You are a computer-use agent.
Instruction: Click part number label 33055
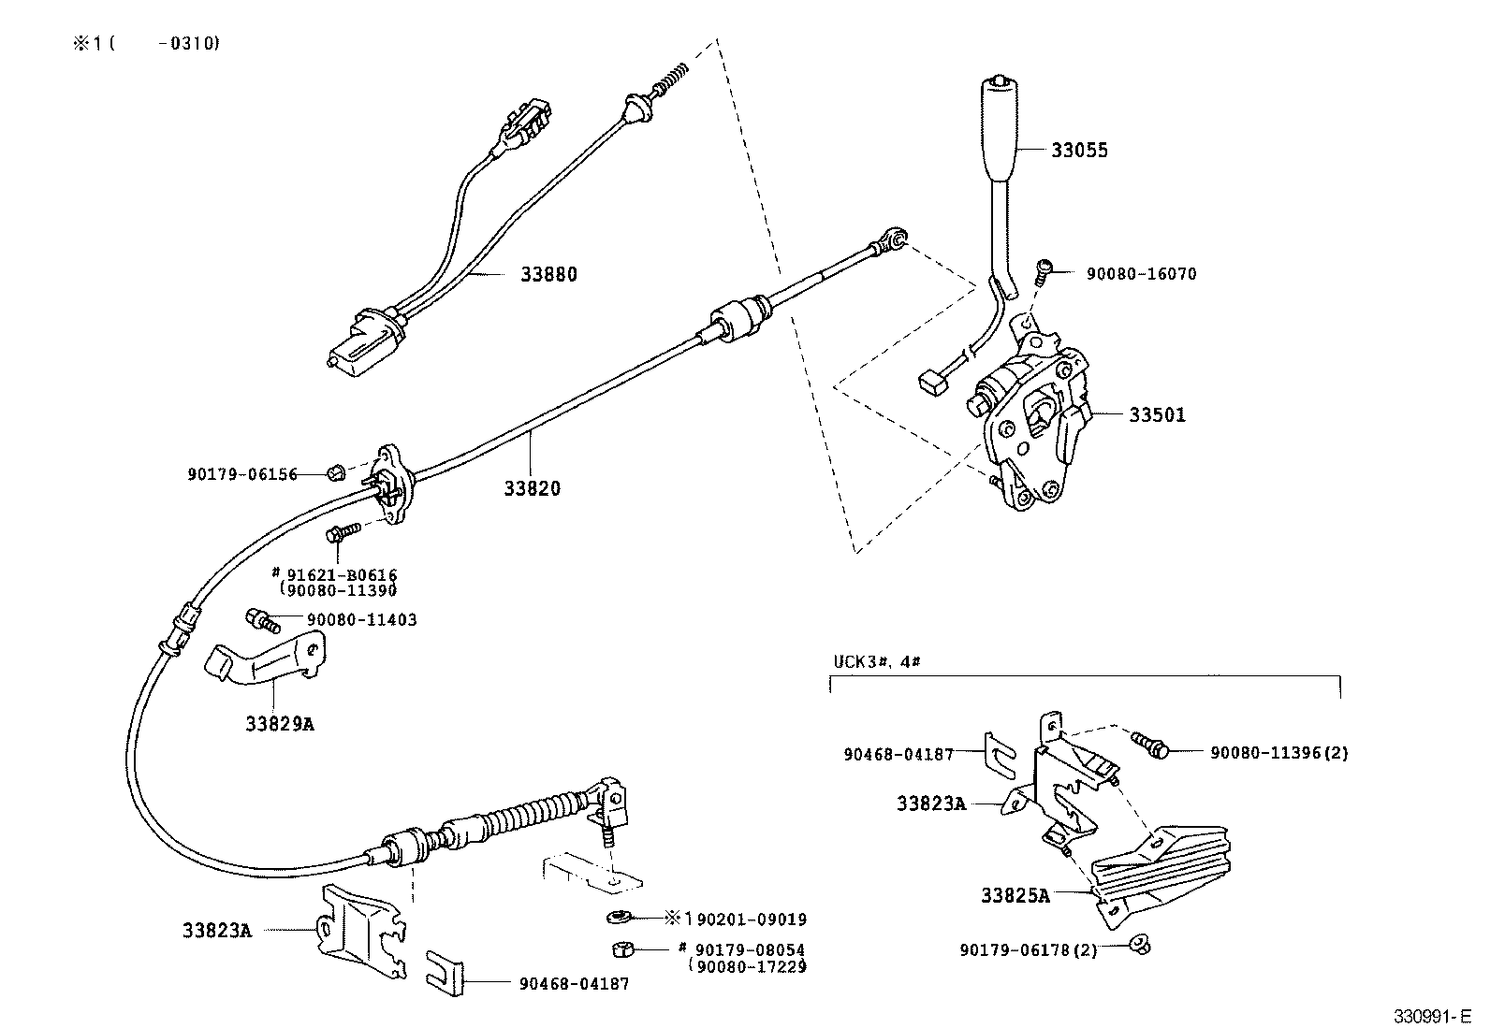(1079, 150)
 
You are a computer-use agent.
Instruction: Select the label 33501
(1157, 414)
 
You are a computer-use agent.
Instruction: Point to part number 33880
(549, 274)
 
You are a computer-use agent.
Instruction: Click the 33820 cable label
(532, 488)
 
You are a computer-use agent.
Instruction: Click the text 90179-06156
(242, 474)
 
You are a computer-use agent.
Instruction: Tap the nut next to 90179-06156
(334, 471)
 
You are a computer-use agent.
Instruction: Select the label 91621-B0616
(341, 574)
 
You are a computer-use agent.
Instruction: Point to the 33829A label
(280, 723)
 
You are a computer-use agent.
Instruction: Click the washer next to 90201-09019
(618, 916)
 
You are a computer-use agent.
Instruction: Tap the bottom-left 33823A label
(217, 930)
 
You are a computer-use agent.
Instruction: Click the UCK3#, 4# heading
(876, 661)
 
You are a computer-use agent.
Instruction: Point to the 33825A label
(1015, 895)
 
